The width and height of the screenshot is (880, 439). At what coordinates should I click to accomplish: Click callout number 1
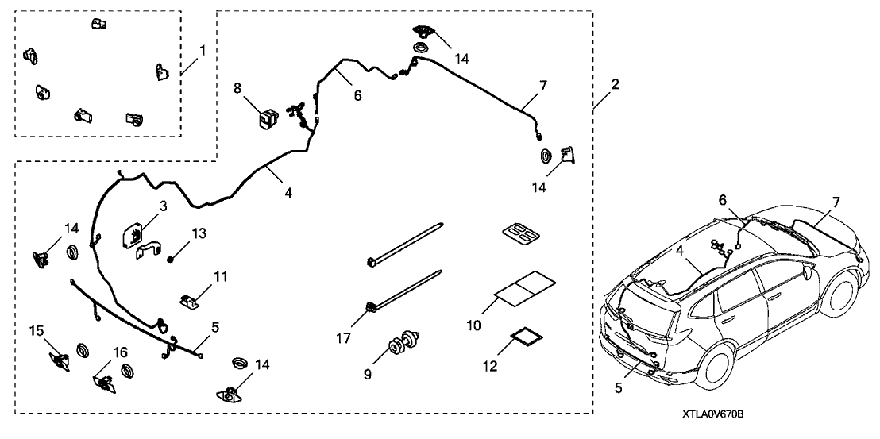click(x=203, y=49)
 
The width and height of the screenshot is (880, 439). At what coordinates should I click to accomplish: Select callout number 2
click(x=616, y=83)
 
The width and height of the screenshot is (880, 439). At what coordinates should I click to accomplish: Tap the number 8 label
click(x=237, y=89)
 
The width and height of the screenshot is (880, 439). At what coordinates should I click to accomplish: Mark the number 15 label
click(x=37, y=329)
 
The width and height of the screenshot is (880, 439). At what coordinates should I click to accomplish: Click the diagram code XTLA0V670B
click(x=716, y=414)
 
